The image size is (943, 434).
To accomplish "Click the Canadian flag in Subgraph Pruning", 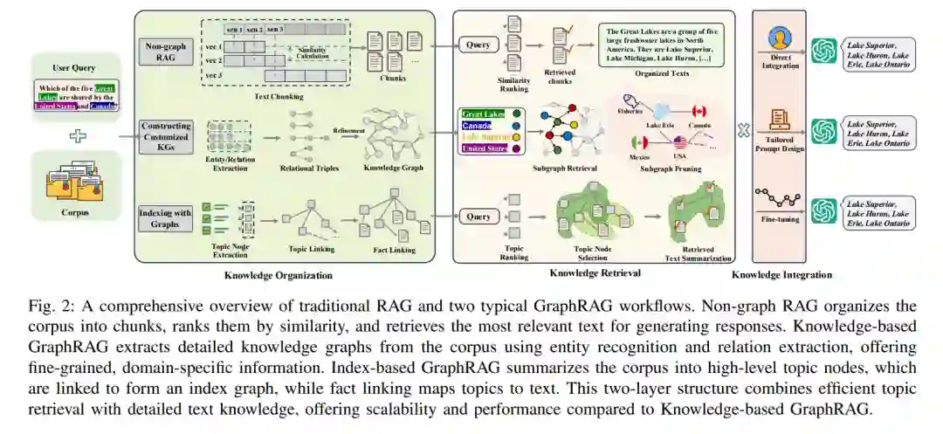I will [x=698, y=112].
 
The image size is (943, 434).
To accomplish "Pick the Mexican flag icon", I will [x=626, y=141].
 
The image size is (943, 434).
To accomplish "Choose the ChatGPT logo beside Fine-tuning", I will [x=823, y=211].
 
